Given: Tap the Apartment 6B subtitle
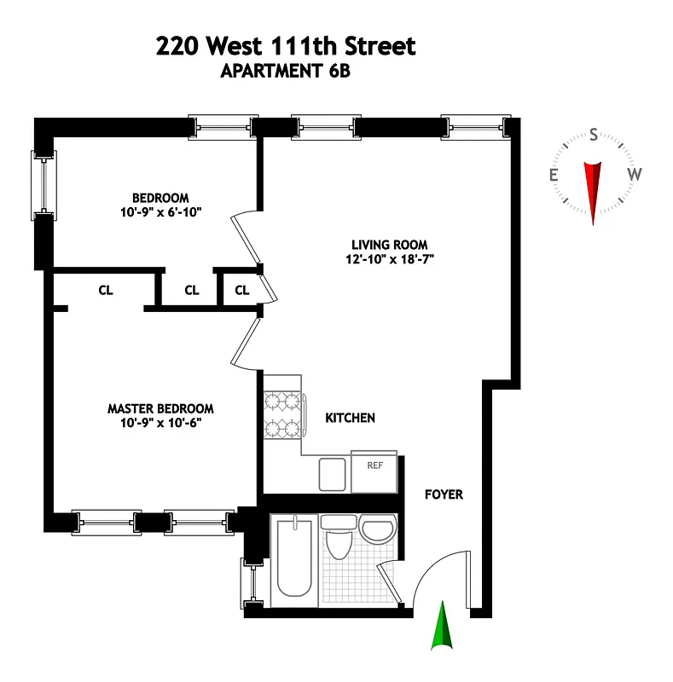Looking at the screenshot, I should pyautogui.click(x=286, y=72).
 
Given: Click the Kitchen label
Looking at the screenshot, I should pyautogui.click(x=350, y=418).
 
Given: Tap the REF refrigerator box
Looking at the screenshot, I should pyautogui.click(x=374, y=471).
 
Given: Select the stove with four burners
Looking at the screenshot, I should pyautogui.click(x=282, y=413).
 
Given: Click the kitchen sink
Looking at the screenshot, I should pyautogui.click(x=332, y=474).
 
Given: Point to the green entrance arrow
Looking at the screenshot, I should pyautogui.click(x=442, y=627).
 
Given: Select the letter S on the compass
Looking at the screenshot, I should pyautogui.click(x=594, y=135).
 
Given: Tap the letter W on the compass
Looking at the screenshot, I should pyautogui.click(x=635, y=174).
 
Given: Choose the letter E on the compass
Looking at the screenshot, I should pyautogui.click(x=554, y=176).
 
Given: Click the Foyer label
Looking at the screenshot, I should pyautogui.click(x=444, y=494).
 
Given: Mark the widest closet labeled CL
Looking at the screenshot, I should pyautogui.click(x=105, y=290).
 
